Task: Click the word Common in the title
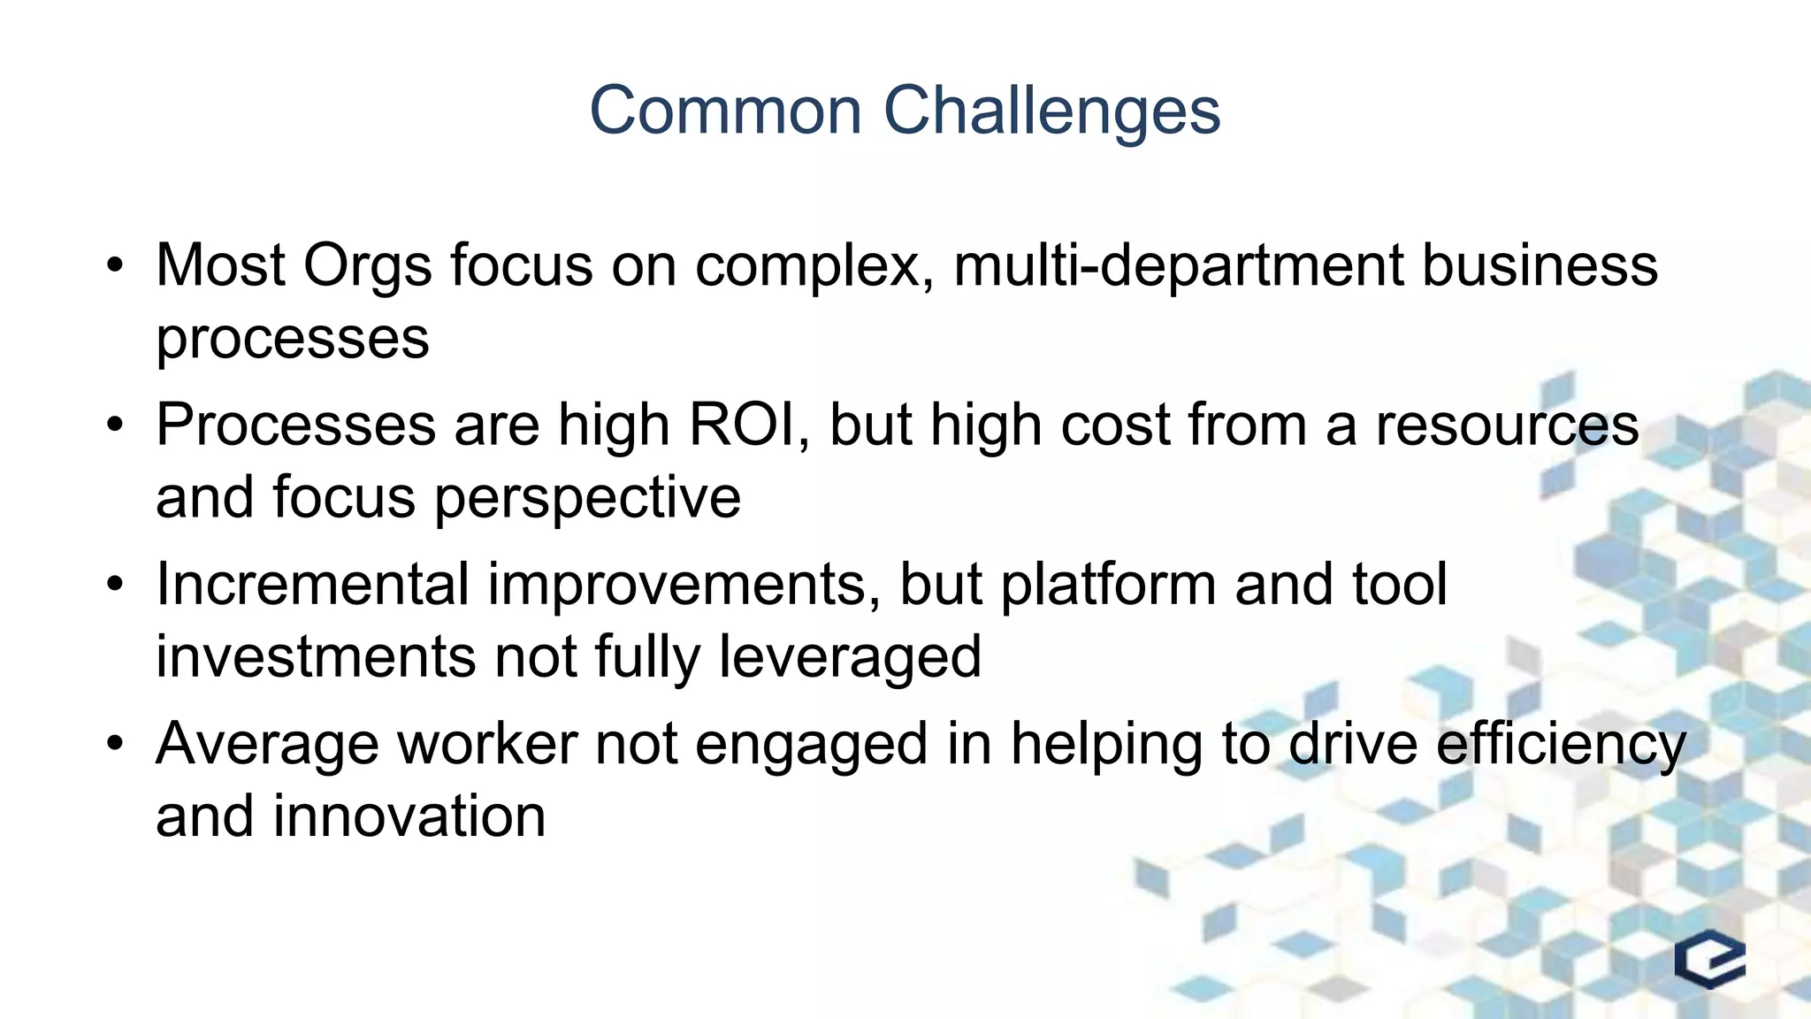[x=725, y=111]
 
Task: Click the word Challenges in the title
[x=1051, y=111]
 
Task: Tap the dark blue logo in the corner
[x=1709, y=959]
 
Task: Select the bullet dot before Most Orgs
[x=114, y=265]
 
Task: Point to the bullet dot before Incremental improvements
[x=114, y=585]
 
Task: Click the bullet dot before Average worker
[x=114, y=744]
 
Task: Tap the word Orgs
[x=367, y=267]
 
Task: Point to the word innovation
[x=409, y=816]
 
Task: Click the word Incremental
[x=312, y=585]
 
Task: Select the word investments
[x=316, y=656]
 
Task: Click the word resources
[x=1507, y=425]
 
